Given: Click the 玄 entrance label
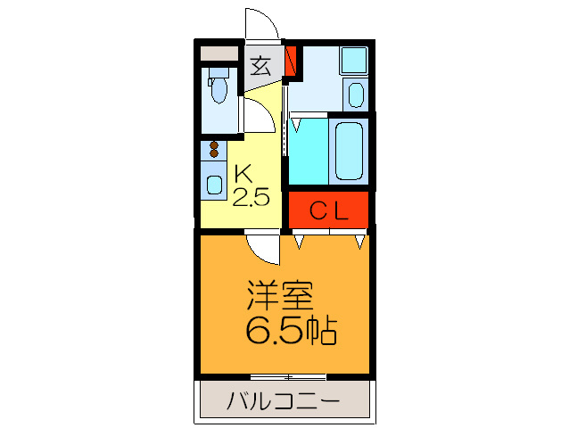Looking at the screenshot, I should tap(260, 65).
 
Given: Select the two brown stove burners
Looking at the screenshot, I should tap(214, 151).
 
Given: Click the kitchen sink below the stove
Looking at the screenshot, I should tap(215, 185).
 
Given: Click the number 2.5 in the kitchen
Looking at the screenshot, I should tap(251, 197).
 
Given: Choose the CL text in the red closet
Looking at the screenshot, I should tap(327, 210).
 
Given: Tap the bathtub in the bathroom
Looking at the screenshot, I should tap(348, 150).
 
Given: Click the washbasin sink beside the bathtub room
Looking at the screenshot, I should tap(356, 95).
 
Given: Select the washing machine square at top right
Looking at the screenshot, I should tap(355, 61).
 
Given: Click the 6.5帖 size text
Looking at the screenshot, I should tap(291, 332).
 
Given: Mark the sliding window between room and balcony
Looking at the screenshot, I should tap(287, 377).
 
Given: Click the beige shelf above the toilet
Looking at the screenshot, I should tap(219, 53).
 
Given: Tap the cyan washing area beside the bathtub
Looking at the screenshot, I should tap(308, 150).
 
